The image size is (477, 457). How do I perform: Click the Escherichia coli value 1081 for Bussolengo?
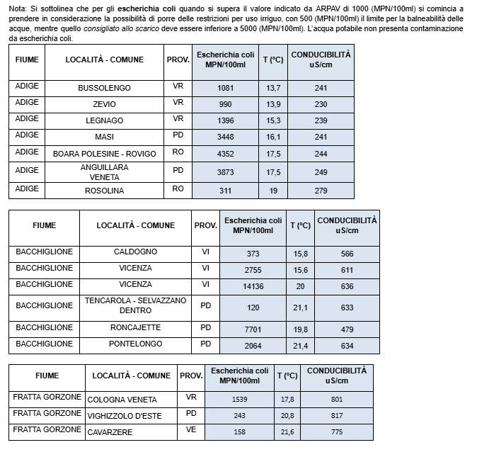click(x=226, y=89)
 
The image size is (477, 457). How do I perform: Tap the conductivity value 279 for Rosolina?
click(x=321, y=191)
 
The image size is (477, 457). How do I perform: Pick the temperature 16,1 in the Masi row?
click(x=273, y=137)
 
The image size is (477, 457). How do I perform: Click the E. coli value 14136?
click(x=253, y=286)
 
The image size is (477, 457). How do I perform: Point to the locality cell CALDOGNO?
click(x=135, y=253)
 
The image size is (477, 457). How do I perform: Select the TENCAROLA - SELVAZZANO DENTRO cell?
click(x=135, y=305)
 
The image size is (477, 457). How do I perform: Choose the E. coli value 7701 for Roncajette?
click(x=253, y=329)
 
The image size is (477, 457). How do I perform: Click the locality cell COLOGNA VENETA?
click(x=121, y=400)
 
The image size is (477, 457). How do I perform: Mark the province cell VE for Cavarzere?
click(x=191, y=430)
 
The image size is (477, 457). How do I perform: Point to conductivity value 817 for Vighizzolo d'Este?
click(x=337, y=415)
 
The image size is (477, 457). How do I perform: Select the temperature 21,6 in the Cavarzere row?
click(x=287, y=431)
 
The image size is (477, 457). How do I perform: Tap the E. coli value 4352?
click(x=226, y=154)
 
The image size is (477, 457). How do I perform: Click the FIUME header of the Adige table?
click(x=27, y=60)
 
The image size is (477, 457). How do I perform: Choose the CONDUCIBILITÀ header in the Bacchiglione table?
click(x=347, y=225)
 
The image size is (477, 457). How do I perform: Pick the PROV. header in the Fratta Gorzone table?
click(x=191, y=376)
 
